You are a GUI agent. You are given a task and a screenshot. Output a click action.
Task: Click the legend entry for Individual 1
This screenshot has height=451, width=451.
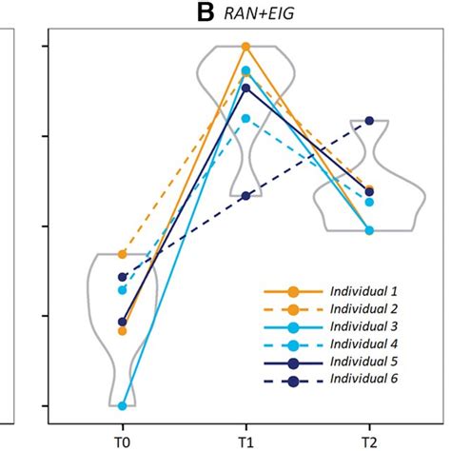(x=363, y=290)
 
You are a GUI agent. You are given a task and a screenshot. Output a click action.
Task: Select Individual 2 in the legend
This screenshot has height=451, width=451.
(x=363, y=308)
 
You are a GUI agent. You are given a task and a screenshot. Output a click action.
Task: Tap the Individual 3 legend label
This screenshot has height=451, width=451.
(x=363, y=326)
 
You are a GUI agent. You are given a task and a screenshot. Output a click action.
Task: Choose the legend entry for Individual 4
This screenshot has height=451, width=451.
(x=363, y=343)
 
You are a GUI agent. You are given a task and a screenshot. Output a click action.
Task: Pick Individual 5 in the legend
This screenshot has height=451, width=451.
(x=363, y=362)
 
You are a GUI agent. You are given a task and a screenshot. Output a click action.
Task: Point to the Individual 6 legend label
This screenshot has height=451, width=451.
(x=363, y=380)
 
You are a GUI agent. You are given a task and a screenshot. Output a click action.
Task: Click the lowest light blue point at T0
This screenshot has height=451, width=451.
(x=123, y=406)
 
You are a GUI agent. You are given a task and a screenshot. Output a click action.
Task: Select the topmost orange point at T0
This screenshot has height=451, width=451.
(x=123, y=255)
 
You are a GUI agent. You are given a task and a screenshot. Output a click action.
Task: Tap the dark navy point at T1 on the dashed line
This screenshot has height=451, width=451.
(x=245, y=196)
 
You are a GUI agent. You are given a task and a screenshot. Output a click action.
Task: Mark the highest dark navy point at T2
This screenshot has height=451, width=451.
(x=369, y=122)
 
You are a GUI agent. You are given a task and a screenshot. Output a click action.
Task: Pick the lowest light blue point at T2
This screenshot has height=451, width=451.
(x=369, y=230)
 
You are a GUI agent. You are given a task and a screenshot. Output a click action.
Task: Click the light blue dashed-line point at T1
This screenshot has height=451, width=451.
(x=245, y=119)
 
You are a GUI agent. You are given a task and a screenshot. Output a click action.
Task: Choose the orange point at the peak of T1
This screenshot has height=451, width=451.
(x=245, y=47)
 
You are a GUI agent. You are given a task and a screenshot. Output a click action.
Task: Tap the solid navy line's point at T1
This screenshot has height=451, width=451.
(x=245, y=88)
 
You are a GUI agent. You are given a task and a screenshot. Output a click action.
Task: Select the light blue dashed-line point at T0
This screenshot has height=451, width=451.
(x=123, y=289)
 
